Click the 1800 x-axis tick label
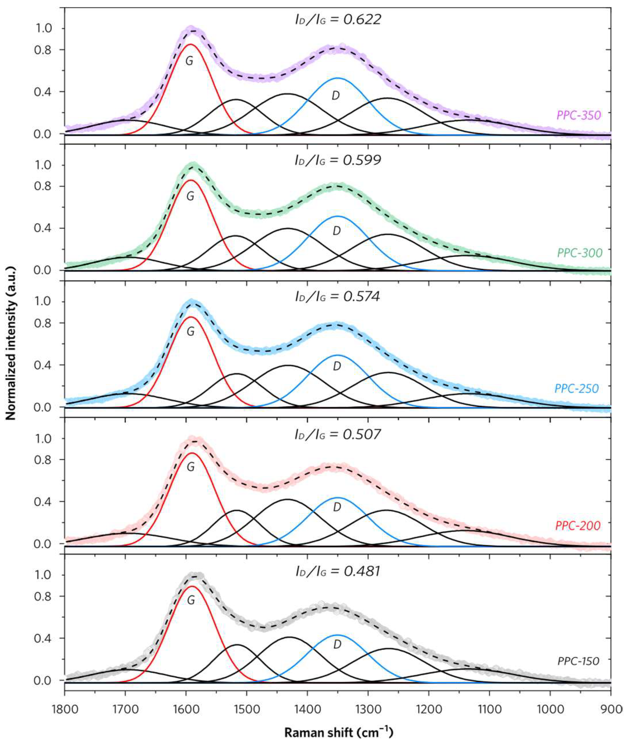(64, 708)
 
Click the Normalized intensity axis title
(11, 351)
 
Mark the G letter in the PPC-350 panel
(189, 61)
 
